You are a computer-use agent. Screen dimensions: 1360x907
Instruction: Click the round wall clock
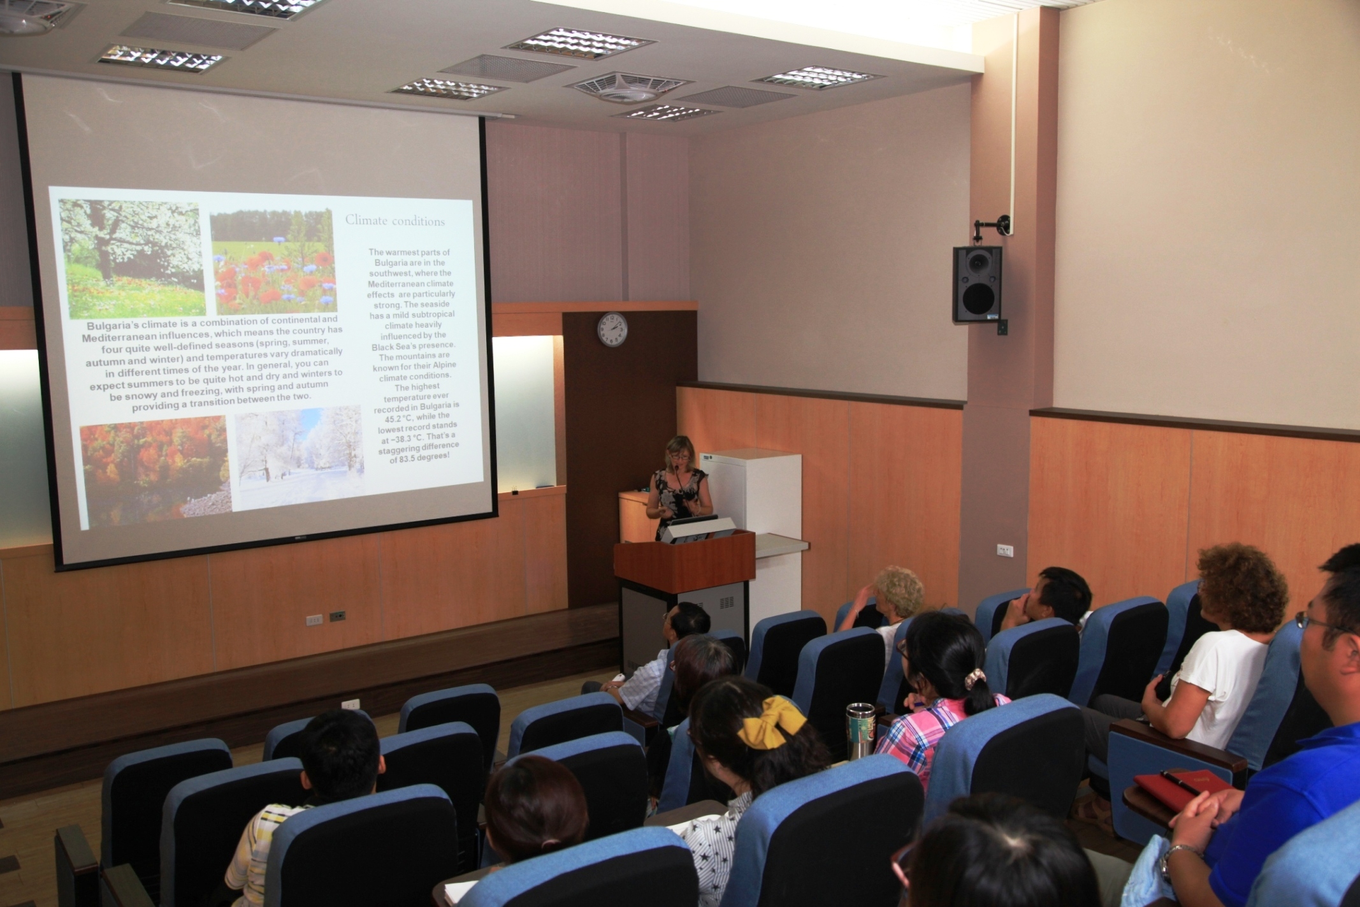click(612, 330)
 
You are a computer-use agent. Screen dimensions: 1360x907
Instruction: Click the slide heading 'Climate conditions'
click(395, 221)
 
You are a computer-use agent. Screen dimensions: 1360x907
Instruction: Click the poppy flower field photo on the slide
click(274, 261)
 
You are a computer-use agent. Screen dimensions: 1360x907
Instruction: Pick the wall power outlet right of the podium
click(1004, 550)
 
